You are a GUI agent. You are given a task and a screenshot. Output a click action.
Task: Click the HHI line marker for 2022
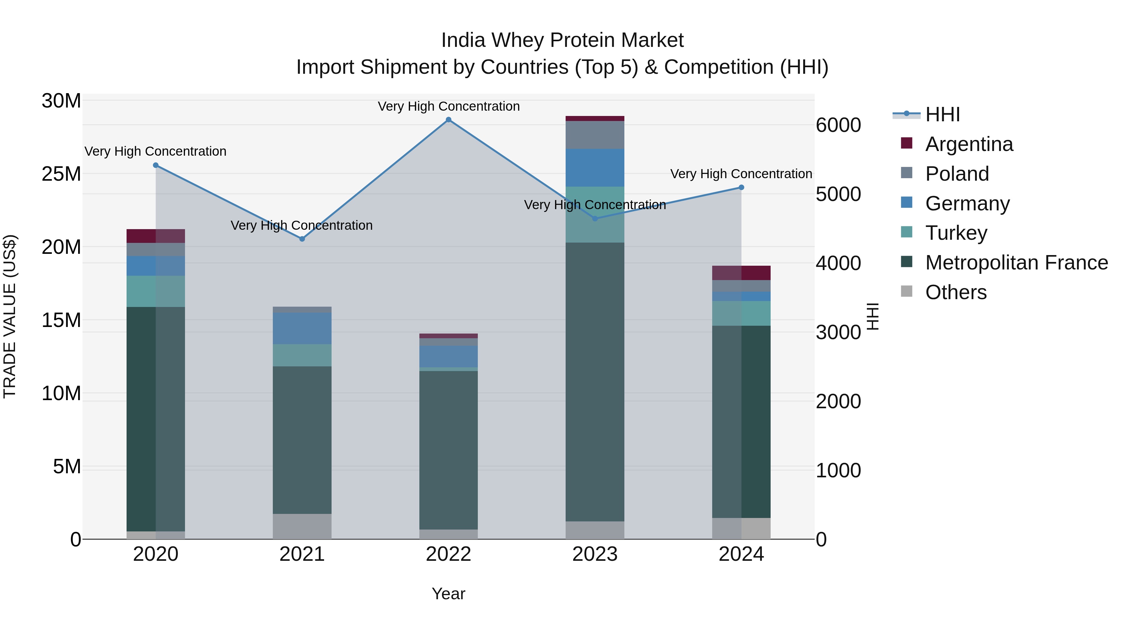[448, 120]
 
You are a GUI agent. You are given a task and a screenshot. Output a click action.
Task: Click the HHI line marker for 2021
[302, 239]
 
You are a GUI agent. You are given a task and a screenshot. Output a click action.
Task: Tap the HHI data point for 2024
[741, 188]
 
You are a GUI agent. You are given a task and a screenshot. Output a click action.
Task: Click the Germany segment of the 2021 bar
[302, 328]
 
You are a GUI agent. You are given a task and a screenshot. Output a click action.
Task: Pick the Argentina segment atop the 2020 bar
[156, 236]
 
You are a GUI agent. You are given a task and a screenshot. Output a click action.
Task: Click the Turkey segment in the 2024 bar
[741, 313]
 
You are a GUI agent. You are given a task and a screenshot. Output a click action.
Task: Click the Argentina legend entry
[969, 144]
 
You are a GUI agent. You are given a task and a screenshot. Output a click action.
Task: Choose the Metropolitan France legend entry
[1016, 263]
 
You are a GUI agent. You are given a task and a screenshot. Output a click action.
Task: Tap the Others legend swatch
[907, 291]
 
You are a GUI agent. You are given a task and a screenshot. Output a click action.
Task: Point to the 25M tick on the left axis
[61, 174]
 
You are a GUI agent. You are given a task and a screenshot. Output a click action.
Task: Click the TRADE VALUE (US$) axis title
[10, 316]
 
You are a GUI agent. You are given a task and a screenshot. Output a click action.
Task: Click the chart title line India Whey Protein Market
[562, 40]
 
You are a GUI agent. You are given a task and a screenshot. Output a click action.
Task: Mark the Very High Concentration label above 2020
[156, 152]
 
